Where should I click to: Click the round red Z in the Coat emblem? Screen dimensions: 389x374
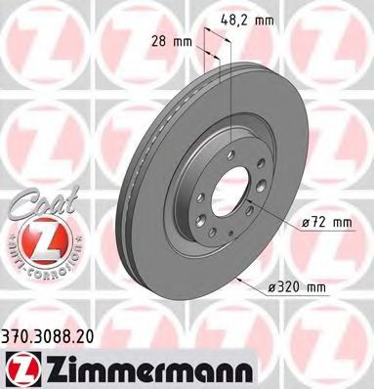pos(35,238)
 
